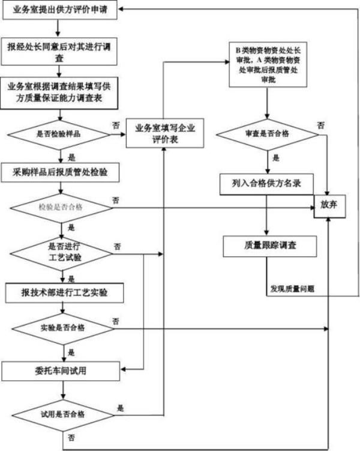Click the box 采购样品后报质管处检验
tap(63, 173)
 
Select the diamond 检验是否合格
tap(61, 207)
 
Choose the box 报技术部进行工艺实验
tap(65, 292)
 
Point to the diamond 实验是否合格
tap(62, 328)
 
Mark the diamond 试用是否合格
tap(62, 414)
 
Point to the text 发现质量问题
tap(292, 289)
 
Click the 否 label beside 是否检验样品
tap(115, 124)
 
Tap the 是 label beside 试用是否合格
tap(121, 408)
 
